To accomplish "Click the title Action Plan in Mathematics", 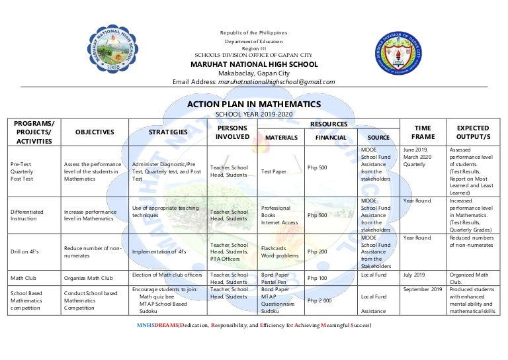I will (x=254, y=105).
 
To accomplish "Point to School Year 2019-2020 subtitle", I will (x=254, y=114).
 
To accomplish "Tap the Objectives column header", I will (x=94, y=132).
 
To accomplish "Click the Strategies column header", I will (x=168, y=132).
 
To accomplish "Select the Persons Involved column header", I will (x=233, y=132).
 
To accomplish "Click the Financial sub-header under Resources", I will (x=331, y=138).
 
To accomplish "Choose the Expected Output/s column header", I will (x=473, y=132).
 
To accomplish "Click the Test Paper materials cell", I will (x=274, y=171).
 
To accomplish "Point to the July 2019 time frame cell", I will (x=415, y=274).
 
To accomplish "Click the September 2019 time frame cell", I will (x=423, y=290).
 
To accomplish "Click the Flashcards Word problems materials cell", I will (x=280, y=252).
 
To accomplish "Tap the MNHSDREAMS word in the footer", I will (x=157, y=326).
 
